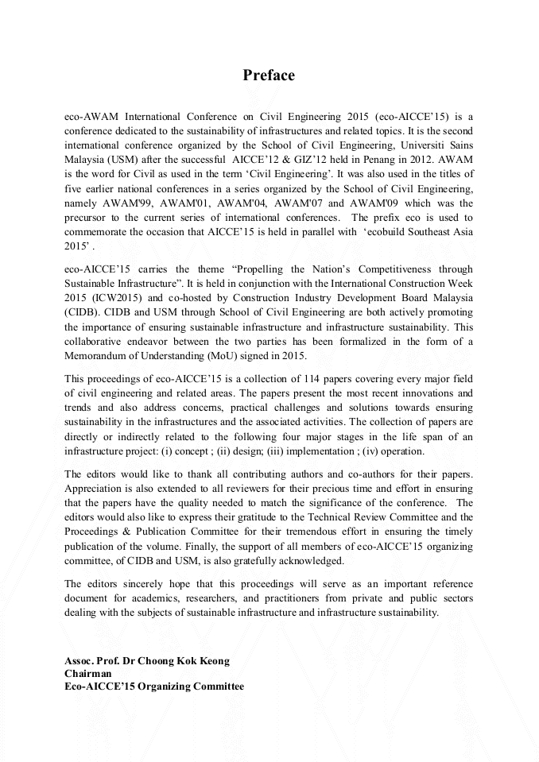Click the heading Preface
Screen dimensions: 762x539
(x=269, y=75)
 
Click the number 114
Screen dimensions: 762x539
(x=303, y=379)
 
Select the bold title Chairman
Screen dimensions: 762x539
(x=88, y=673)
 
